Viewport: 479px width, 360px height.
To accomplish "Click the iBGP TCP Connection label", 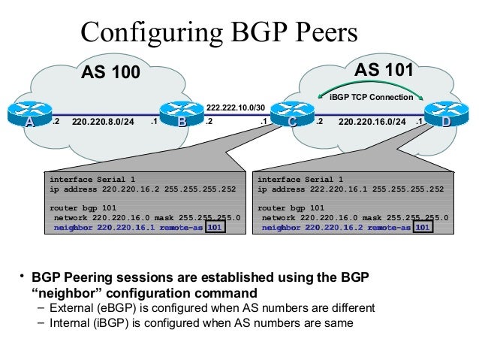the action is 372,98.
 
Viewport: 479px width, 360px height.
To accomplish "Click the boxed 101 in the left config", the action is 215,227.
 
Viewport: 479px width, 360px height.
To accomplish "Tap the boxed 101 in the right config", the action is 423,227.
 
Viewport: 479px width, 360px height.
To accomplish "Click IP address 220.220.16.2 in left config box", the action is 132,189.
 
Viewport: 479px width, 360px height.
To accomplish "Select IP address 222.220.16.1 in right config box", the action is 340,189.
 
